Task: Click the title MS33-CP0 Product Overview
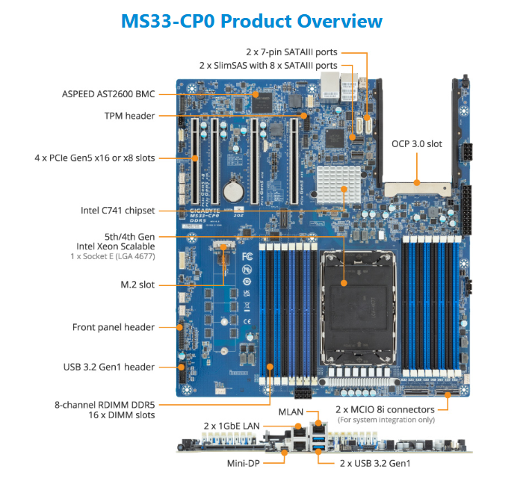251,20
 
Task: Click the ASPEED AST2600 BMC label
108,95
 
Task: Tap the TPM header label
129,116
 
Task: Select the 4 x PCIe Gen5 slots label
94,158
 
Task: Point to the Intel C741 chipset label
117,210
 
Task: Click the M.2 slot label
137,285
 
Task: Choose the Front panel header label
114,327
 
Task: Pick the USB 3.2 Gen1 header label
109,367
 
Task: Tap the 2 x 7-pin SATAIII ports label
291,52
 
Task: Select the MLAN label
291,412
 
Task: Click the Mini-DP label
244,463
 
